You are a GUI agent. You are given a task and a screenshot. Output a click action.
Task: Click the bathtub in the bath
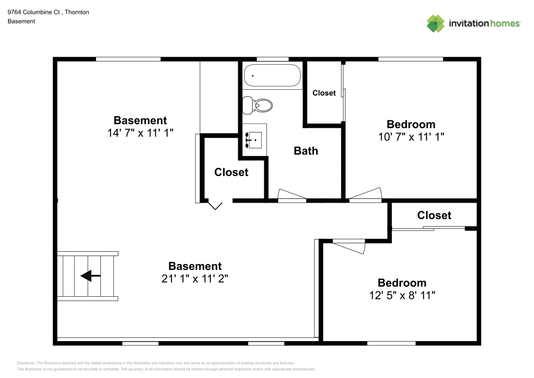[272, 75]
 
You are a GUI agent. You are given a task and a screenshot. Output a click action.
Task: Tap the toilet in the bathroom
[257, 105]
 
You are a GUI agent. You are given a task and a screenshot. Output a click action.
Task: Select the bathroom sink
[253, 140]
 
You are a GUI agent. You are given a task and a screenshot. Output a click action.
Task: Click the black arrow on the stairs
[91, 275]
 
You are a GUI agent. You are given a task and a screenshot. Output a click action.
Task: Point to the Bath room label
[306, 151]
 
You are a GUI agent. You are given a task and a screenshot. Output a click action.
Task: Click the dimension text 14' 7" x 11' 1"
[140, 133]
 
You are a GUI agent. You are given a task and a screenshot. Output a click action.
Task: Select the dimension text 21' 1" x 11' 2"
[195, 279]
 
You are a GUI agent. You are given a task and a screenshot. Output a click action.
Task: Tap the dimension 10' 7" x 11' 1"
[411, 137]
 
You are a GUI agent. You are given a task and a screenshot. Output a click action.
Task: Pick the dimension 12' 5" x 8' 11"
[402, 295]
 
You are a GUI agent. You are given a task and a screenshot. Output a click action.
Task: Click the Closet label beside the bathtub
[324, 93]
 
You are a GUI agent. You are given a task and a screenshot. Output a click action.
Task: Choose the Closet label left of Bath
[231, 172]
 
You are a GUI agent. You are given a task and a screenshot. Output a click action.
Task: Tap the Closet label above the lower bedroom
[434, 215]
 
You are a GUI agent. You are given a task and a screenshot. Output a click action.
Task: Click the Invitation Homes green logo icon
[436, 24]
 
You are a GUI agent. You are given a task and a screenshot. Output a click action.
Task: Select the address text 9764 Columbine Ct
[34, 12]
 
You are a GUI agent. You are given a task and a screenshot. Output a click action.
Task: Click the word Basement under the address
[21, 21]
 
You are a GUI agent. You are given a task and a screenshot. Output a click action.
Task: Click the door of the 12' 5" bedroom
[349, 246]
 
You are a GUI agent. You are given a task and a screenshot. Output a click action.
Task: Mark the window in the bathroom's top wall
[272, 59]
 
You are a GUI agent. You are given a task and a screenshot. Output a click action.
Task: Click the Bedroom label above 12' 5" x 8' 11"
[402, 283]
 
